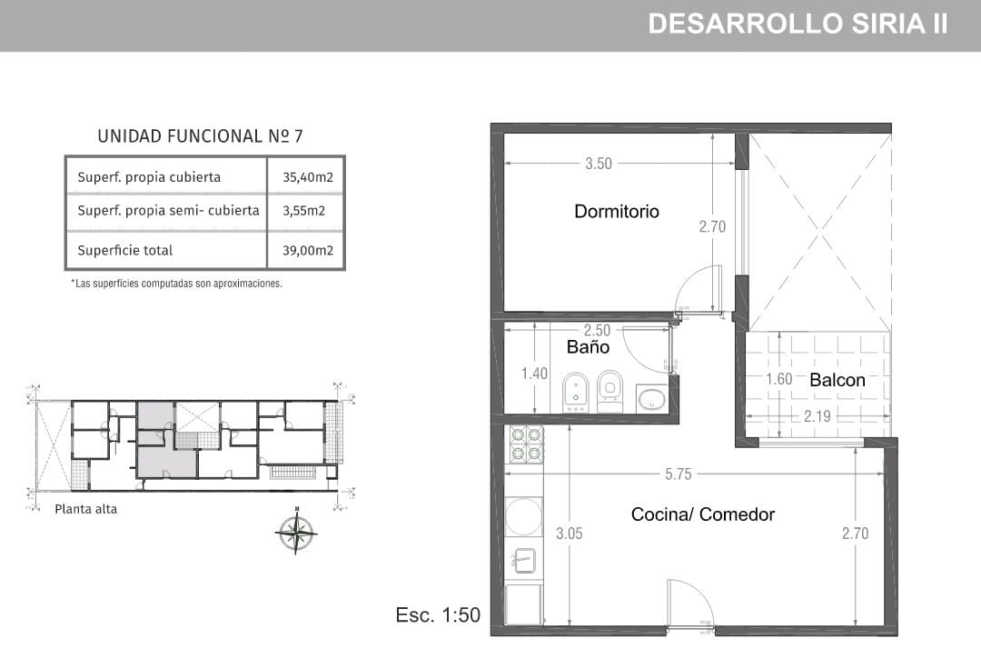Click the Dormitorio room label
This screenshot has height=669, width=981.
tap(616, 212)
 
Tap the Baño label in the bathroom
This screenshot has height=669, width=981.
tap(588, 346)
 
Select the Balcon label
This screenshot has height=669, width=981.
tap(837, 380)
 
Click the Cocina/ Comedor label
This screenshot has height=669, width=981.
tap(702, 514)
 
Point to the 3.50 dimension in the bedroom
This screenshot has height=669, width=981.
tap(598, 164)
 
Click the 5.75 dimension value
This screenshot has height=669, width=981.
tap(679, 474)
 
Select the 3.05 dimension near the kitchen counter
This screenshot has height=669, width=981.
tap(570, 534)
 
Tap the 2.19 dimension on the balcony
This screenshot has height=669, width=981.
tap(817, 416)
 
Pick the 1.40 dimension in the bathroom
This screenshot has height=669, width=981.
tap(534, 374)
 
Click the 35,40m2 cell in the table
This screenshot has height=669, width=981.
tap(308, 177)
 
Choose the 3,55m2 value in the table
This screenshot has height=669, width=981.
tap(304, 211)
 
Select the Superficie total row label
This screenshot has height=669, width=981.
tap(125, 250)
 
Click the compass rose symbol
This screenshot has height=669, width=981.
tap(296, 533)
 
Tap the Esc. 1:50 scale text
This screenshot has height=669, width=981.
tap(438, 614)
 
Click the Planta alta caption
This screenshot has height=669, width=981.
tap(85, 509)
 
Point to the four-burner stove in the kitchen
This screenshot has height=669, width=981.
tap(526, 444)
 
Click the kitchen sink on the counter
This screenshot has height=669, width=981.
tap(524, 561)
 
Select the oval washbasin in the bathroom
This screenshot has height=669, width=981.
tap(652, 400)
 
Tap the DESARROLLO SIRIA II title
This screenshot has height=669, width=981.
tap(798, 24)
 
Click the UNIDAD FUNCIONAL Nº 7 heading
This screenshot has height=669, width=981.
tap(200, 136)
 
